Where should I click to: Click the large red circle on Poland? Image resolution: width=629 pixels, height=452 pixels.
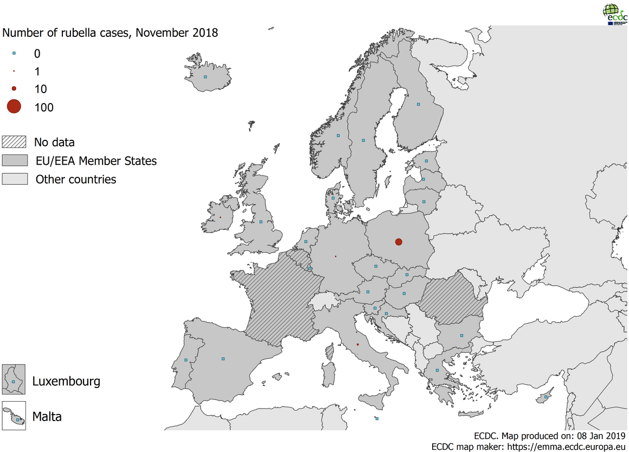399,242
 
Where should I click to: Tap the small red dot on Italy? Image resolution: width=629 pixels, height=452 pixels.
358,344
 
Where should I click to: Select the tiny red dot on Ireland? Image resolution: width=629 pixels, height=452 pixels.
220,217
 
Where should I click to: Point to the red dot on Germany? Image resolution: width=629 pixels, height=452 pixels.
336,256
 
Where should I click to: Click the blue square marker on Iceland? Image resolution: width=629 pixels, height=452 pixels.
206,77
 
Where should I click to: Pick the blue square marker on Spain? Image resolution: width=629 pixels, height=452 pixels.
223,358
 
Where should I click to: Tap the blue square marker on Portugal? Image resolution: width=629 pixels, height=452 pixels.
186,360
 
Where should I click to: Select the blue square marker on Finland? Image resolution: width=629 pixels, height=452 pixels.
418,104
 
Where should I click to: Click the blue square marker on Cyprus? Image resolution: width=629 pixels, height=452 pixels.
546,397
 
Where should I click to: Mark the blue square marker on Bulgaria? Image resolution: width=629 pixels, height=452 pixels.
461,335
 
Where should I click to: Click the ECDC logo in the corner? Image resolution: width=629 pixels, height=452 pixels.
614,14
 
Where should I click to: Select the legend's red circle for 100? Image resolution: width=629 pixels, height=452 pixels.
14,107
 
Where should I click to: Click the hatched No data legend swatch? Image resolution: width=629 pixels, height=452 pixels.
15,143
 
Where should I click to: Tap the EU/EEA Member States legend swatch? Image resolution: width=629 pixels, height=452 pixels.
15,160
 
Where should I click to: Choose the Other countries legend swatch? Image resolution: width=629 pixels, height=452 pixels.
15,179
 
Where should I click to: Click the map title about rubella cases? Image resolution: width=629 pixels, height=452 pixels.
110,33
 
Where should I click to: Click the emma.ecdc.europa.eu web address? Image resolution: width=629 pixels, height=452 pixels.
568,447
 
